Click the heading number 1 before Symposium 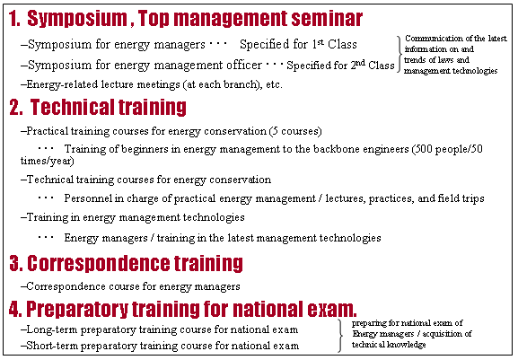13,19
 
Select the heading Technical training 108,107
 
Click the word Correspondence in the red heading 98,263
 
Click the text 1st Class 334,44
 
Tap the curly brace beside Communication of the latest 399,54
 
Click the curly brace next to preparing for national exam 340,336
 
